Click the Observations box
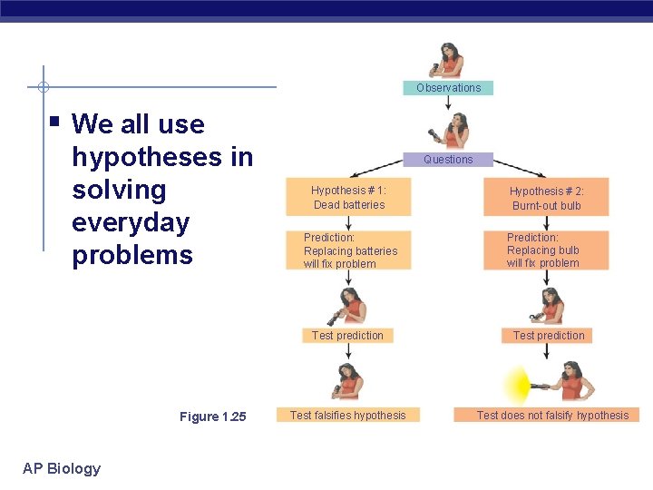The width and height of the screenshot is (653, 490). tap(448, 88)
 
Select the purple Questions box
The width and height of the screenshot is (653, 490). tap(448, 159)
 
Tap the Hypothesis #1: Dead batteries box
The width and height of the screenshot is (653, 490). tap(348, 198)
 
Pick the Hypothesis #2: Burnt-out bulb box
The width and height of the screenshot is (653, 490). tap(546, 198)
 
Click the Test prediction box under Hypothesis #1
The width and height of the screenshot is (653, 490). tap(347, 336)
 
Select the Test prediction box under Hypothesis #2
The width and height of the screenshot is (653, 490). tap(549, 336)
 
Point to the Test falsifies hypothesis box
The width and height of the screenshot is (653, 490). tap(348, 416)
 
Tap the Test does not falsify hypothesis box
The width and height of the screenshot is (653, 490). tap(552, 416)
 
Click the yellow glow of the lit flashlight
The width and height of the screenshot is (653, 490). tap(517, 385)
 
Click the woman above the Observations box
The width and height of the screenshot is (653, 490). tap(448, 60)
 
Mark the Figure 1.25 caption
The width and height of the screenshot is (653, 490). tap(212, 416)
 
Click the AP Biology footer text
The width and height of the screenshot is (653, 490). tap(62, 468)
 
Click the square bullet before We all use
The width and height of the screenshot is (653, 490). tap(55, 119)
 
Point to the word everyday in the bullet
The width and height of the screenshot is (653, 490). tap(131, 222)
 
